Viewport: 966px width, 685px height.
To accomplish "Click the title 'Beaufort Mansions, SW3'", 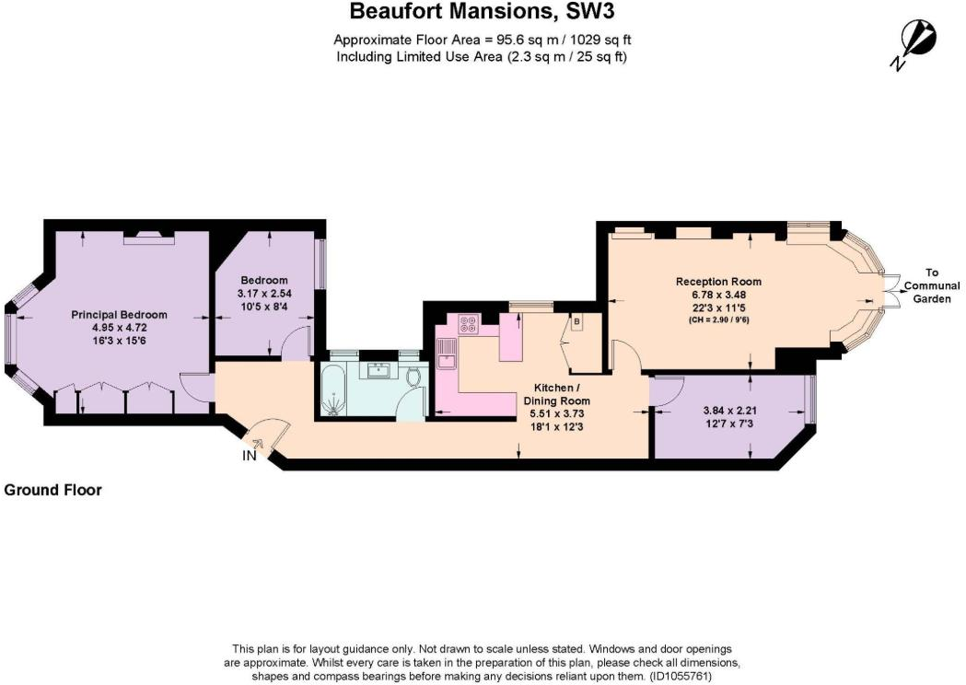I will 482,13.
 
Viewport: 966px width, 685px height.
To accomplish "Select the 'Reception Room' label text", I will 718,282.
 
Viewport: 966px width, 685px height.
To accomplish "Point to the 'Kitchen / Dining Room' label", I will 556,395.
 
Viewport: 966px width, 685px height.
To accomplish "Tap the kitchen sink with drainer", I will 447,353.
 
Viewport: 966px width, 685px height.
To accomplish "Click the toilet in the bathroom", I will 413,377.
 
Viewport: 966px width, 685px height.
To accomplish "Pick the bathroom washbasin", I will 378,371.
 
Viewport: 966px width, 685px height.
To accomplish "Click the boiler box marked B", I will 577,323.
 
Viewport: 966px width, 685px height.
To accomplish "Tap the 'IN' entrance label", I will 250,455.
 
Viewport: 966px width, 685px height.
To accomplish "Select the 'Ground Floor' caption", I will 52,491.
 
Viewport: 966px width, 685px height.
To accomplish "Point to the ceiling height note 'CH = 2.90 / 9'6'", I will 719,320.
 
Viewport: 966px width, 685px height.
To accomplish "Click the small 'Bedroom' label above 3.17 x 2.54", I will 264,281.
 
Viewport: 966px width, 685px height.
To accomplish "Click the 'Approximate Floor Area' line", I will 482,40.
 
